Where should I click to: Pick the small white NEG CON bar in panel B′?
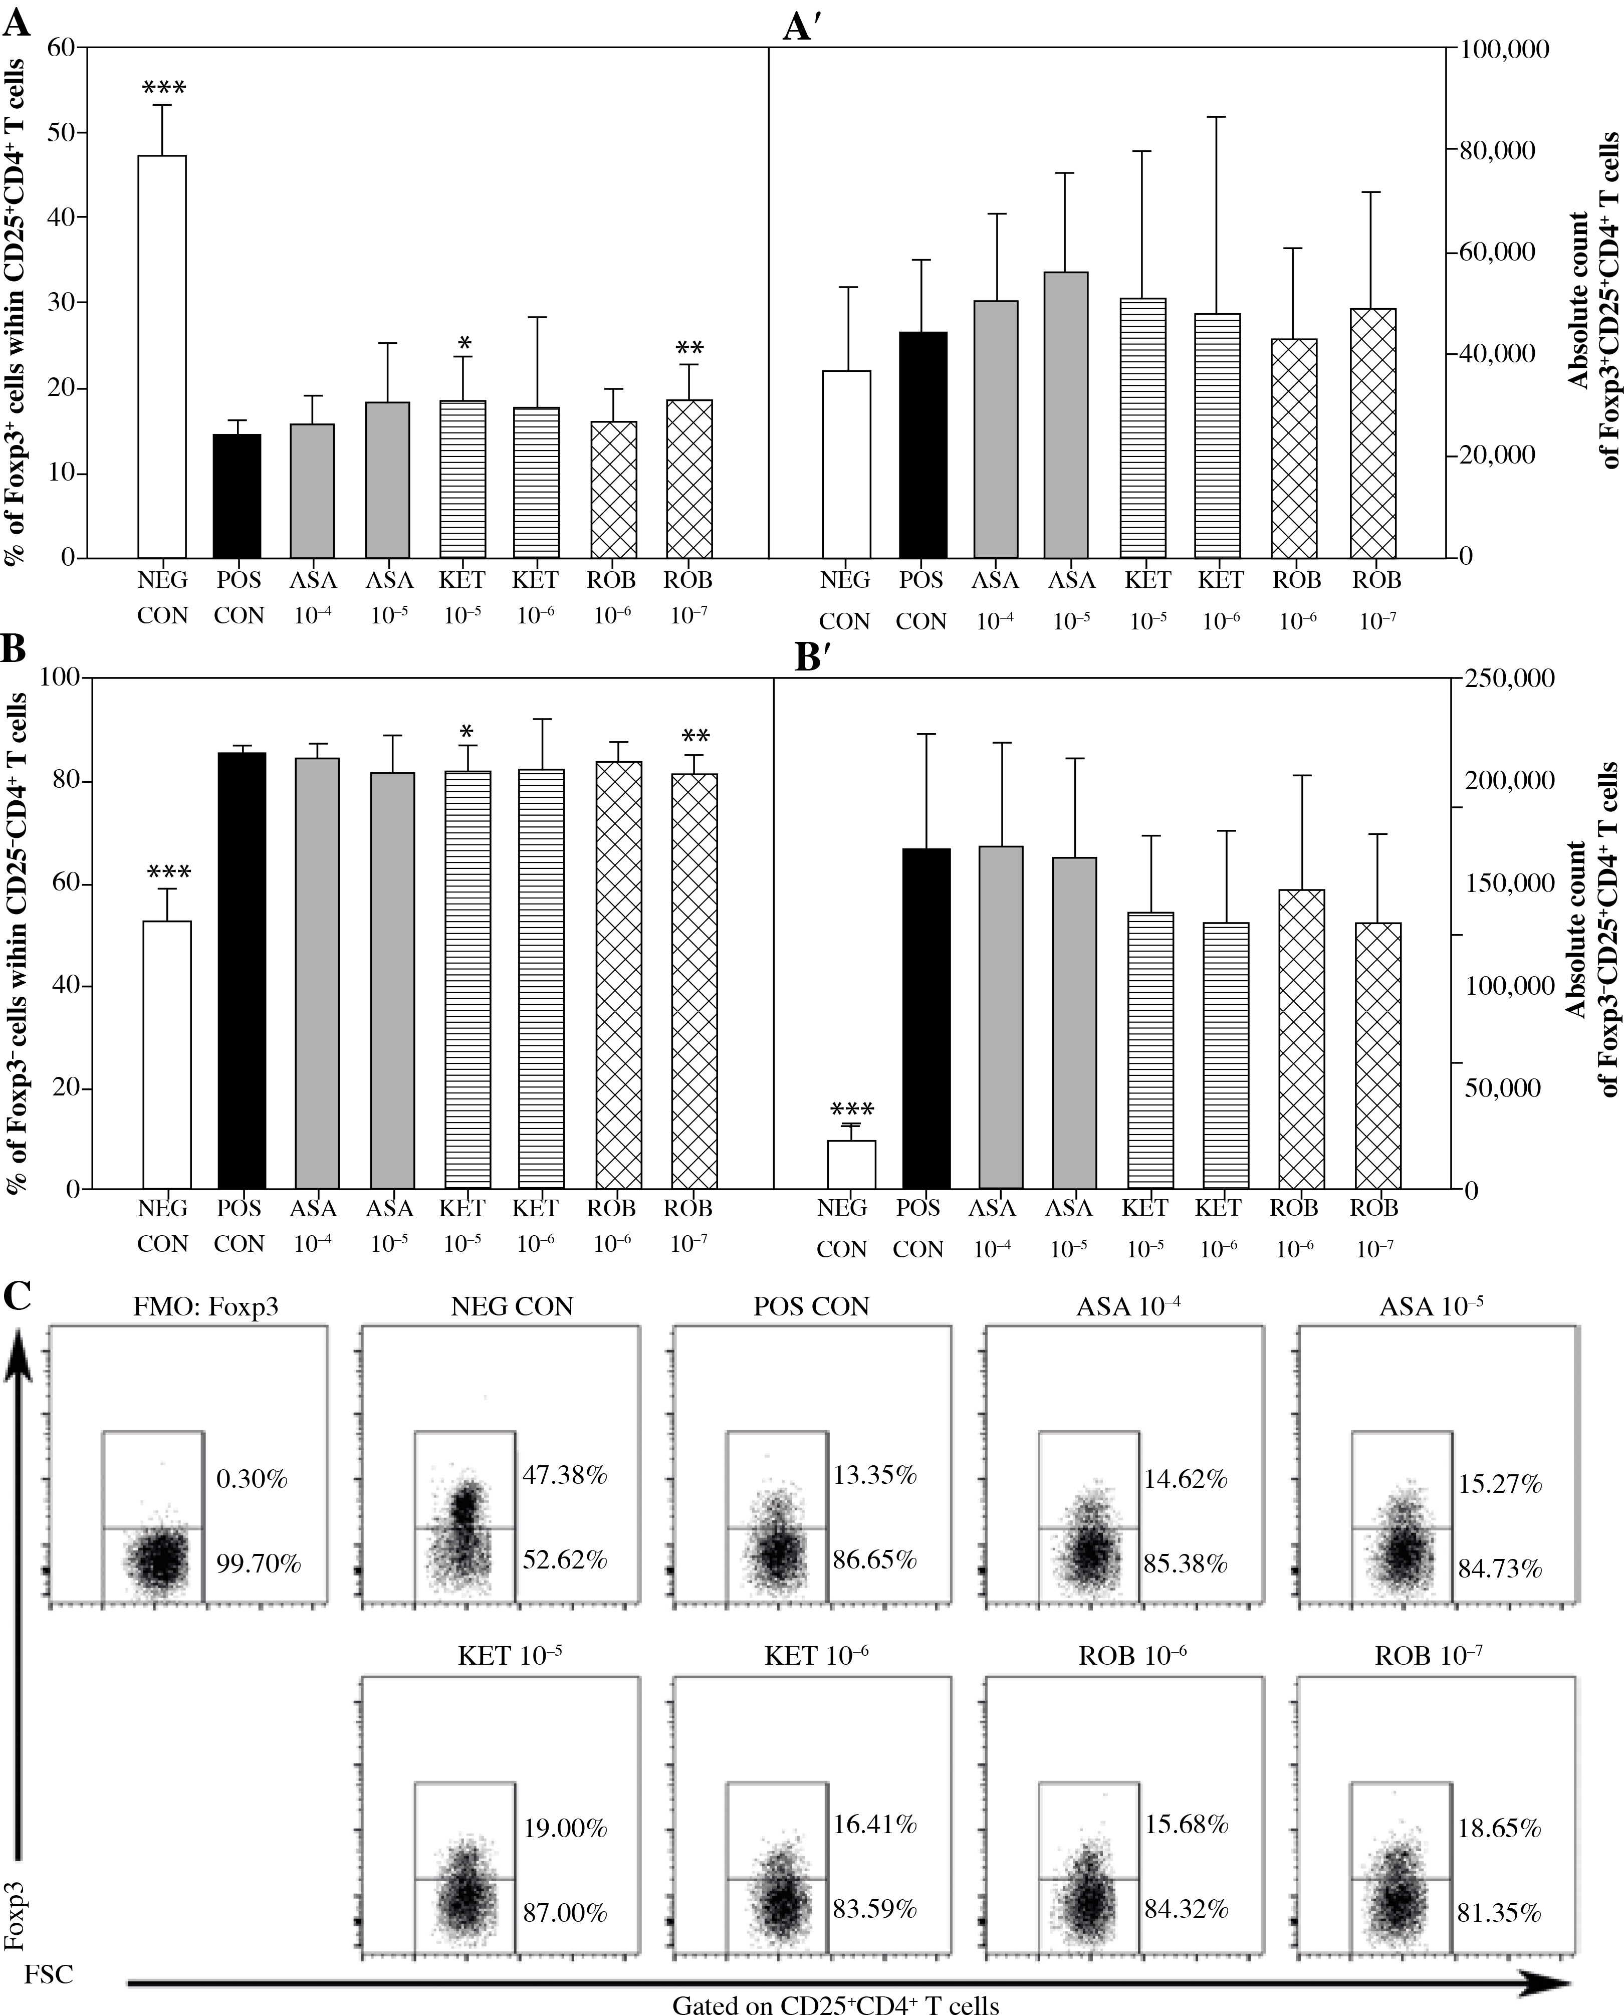pyautogui.click(x=850, y=1164)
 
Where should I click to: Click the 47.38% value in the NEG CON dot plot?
pyautogui.click(x=564, y=1475)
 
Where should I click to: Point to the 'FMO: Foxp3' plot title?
pyautogui.click(x=206, y=1307)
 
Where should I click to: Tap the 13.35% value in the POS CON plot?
pyautogui.click(x=875, y=1475)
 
